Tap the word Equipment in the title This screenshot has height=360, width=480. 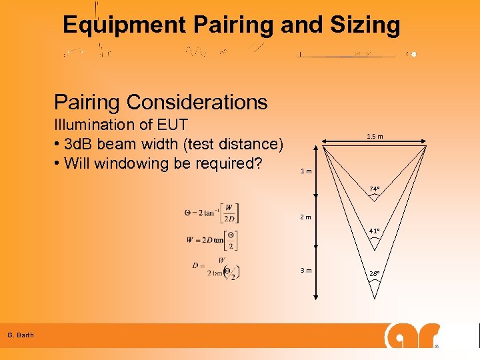[124, 25]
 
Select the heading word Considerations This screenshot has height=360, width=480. [197, 102]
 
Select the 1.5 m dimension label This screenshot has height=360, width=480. [375, 137]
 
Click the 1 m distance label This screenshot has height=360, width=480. [307, 172]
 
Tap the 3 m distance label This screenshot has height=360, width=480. [307, 270]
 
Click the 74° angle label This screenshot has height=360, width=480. [375, 189]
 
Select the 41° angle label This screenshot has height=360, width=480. [375, 231]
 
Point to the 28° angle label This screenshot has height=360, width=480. [375, 274]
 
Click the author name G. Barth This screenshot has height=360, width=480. [21, 335]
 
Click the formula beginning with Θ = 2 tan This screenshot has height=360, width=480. [212, 213]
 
